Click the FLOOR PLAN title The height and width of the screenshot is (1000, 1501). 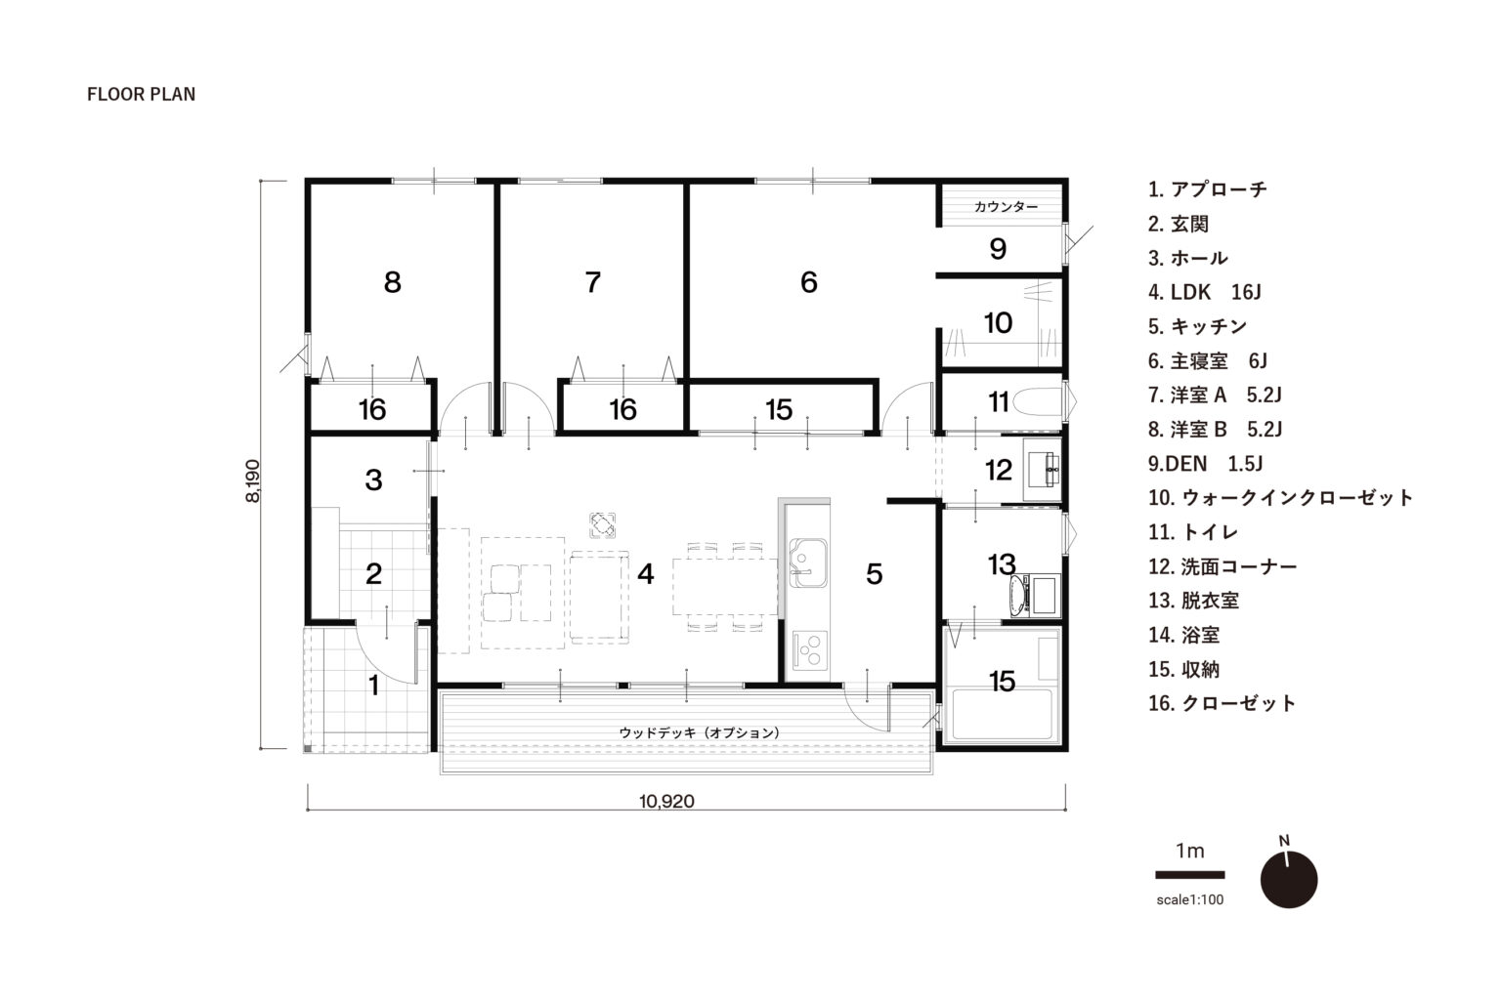[142, 95]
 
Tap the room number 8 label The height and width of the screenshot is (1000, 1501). [393, 282]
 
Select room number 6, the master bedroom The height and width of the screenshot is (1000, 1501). [809, 282]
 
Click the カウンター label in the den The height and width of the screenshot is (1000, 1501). [1006, 207]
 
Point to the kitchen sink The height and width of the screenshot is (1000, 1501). [808, 562]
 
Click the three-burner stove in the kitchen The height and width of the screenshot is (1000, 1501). [810, 649]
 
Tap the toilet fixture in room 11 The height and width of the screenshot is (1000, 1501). [1038, 402]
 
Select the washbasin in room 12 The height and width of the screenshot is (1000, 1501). [1044, 470]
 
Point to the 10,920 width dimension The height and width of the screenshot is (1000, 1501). [666, 801]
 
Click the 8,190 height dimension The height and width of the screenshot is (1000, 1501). [253, 480]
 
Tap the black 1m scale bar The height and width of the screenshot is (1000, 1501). [1190, 875]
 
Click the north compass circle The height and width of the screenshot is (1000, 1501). [1289, 880]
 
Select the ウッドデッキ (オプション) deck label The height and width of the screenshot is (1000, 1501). [700, 732]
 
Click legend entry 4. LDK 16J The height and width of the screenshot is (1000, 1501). [1204, 292]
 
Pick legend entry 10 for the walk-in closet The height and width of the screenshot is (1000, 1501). [1280, 498]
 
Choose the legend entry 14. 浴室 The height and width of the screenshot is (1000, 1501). [1183, 635]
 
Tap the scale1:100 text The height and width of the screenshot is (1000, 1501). [1190, 899]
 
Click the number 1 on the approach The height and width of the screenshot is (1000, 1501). [374, 686]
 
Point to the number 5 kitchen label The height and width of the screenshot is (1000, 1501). [875, 574]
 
